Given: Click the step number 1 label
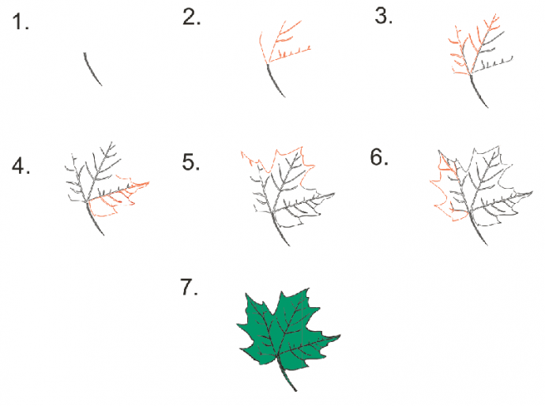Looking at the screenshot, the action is click(21, 22).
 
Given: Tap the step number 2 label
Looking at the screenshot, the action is click(191, 17).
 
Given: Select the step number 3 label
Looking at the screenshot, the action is click(383, 16).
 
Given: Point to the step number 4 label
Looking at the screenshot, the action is click(21, 165).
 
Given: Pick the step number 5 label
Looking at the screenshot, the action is click(191, 162).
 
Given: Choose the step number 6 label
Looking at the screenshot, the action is click(379, 157).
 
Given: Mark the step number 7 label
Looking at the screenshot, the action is click(189, 287).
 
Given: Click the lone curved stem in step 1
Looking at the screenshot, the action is click(92, 69).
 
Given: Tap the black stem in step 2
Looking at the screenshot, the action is click(275, 81).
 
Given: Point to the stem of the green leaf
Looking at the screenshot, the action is click(288, 376).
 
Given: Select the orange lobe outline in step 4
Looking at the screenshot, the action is click(118, 197).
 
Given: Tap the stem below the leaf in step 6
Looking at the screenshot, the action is click(478, 229).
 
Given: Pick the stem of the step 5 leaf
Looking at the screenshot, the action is click(280, 230).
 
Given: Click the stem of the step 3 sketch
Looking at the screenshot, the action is click(479, 91).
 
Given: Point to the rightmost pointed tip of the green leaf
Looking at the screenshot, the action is click(340, 335).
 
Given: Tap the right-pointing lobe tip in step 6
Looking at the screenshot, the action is click(532, 191).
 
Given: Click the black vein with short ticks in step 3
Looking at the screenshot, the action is click(494, 64).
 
